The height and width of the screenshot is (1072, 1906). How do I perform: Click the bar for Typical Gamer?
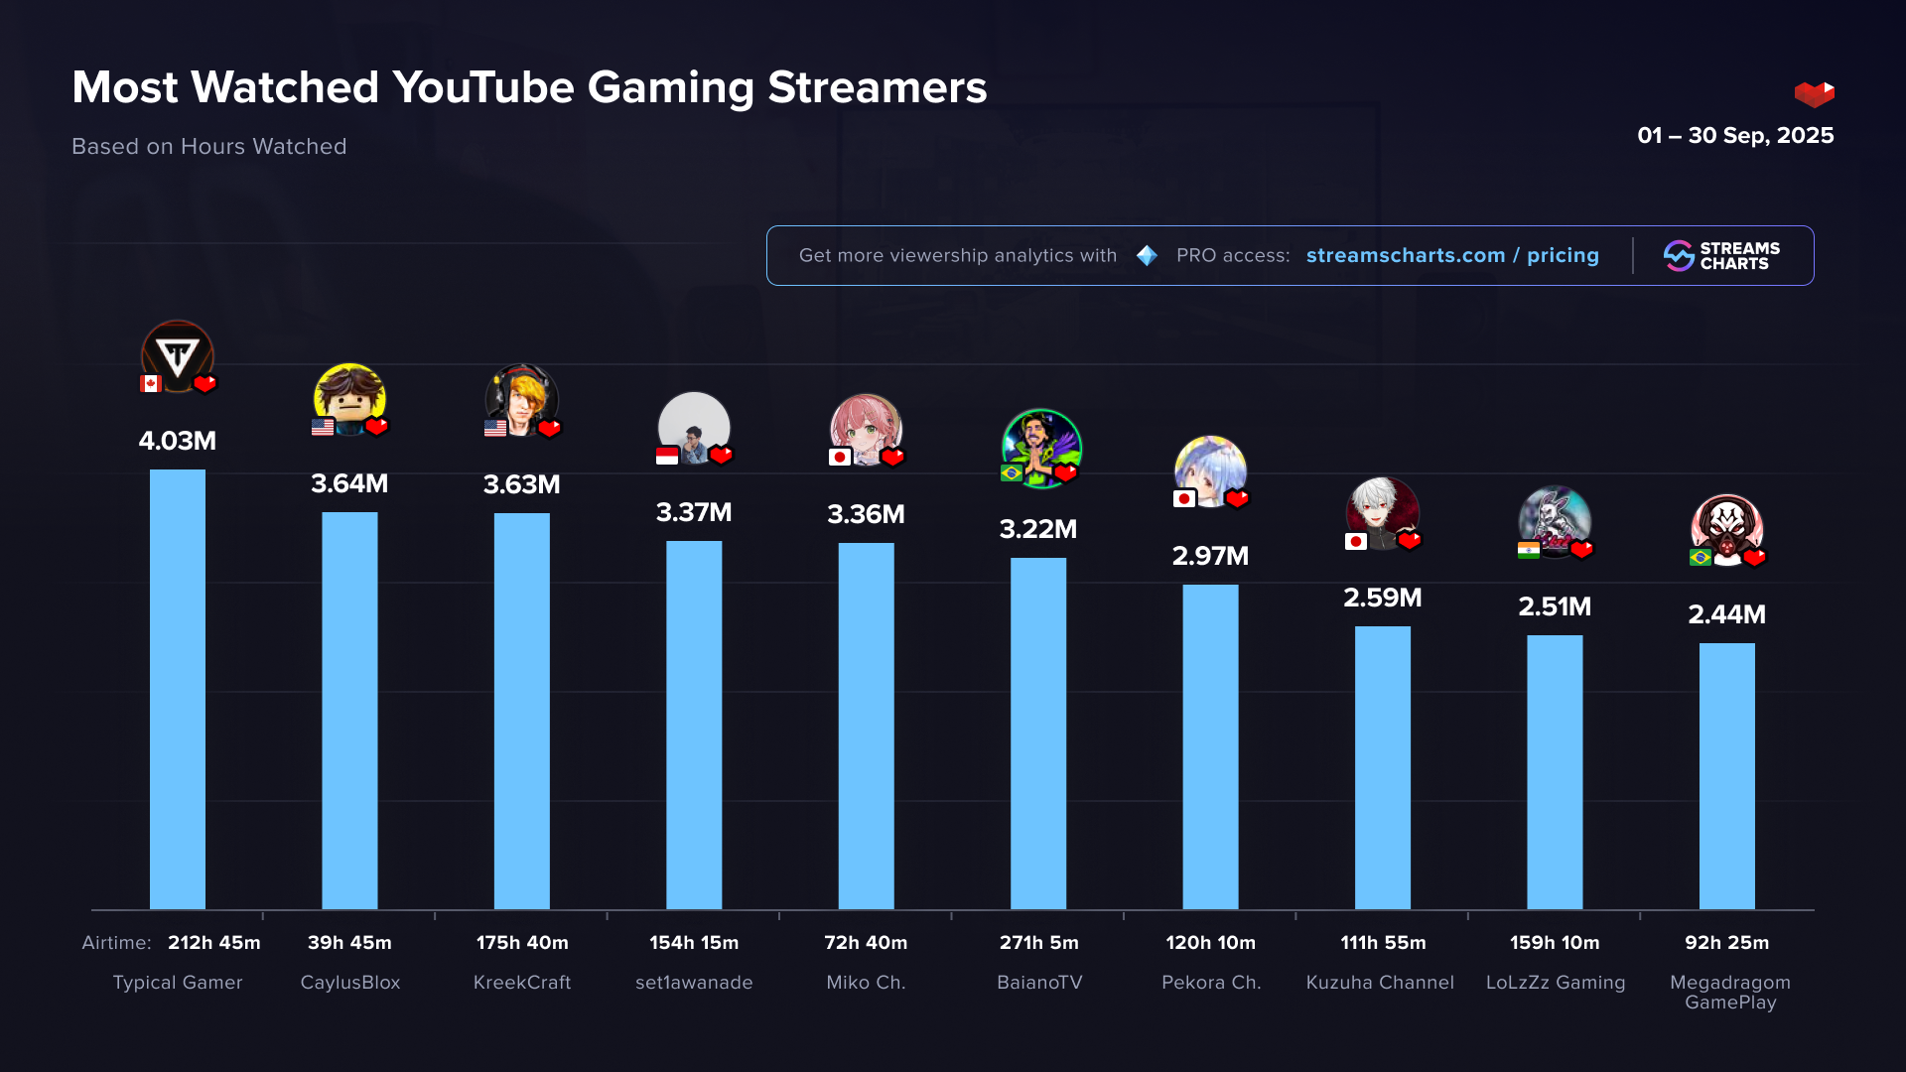click(178, 689)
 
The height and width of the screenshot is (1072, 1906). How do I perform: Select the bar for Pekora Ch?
click(1210, 746)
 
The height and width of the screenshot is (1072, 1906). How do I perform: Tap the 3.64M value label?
click(349, 484)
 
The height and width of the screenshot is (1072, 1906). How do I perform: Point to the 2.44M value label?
click(1726, 615)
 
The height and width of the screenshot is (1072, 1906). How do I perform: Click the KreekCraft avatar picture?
click(521, 399)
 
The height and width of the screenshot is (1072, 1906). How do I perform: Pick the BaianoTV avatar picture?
click(1040, 448)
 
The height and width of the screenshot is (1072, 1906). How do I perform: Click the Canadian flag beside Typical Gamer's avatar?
click(151, 384)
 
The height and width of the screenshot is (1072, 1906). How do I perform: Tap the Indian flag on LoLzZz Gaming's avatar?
click(1529, 550)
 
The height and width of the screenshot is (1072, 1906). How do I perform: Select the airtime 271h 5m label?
click(1038, 943)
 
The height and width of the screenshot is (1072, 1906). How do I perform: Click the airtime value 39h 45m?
click(349, 943)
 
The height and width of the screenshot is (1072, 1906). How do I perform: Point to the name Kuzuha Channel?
click(1380, 983)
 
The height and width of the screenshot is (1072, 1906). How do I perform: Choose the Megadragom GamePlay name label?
click(1730, 992)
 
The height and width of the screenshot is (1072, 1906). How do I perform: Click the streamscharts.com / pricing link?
click(1452, 256)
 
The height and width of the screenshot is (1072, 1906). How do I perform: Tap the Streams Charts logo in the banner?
click(1721, 256)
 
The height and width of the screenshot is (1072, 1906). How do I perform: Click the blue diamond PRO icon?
click(1147, 256)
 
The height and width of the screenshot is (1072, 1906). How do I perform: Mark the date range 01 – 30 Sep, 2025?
click(1735, 136)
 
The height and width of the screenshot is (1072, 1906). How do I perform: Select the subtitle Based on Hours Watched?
click(209, 147)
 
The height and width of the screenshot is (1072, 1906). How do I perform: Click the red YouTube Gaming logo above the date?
click(1814, 94)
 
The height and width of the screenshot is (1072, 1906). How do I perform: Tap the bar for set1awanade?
click(694, 725)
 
